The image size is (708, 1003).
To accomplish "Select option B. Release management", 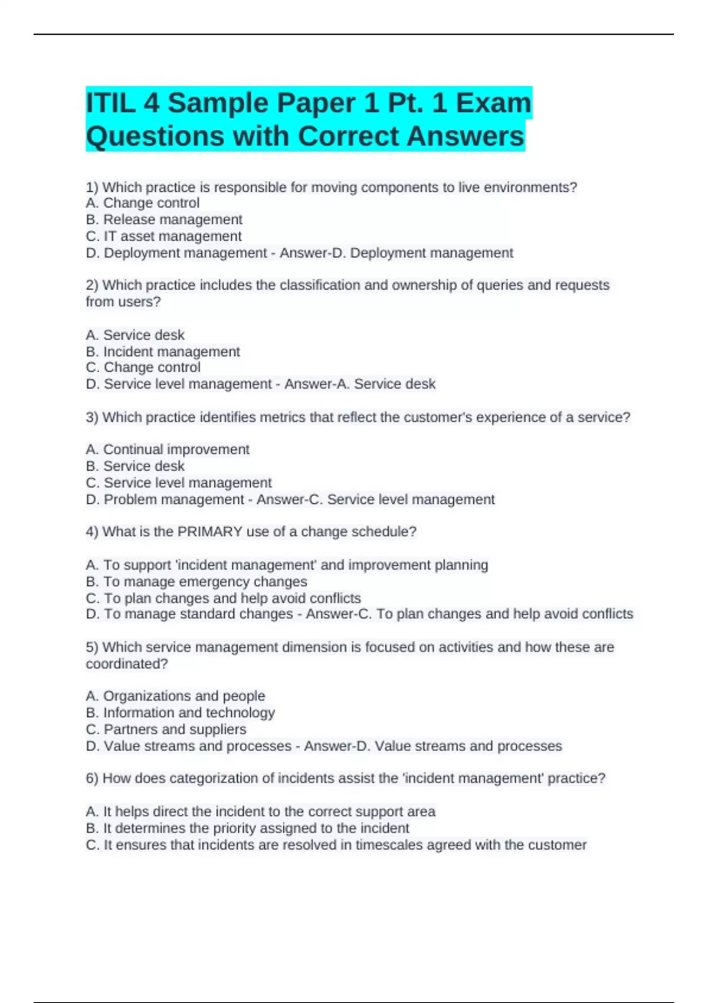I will [x=164, y=219].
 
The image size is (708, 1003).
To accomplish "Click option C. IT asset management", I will [x=163, y=236].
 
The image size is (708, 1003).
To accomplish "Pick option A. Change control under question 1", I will [x=143, y=203].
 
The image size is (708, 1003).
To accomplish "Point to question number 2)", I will [x=92, y=285].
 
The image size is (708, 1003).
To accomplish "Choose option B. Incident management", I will [x=163, y=352].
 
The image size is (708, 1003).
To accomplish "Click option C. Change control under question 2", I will [x=143, y=367].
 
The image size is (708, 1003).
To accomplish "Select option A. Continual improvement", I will [x=168, y=450].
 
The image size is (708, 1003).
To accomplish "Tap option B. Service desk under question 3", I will [x=135, y=466].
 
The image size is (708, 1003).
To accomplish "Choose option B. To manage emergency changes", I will [x=196, y=582].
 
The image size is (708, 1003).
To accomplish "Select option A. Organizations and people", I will [x=175, y=696].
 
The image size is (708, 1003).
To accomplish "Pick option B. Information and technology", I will [x=181, y=713].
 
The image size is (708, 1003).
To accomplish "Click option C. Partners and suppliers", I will [x=166, y=729].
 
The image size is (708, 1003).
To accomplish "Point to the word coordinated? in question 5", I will [x=127, y=664].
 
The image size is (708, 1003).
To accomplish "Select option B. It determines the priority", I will [x=247, y=828].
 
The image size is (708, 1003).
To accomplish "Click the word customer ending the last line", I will [x=557, y=845].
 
